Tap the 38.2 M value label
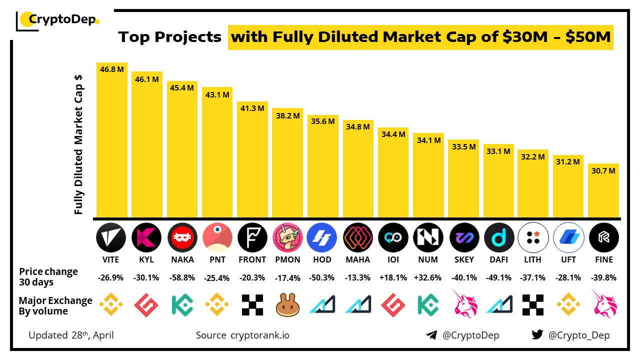[x=288, y=115]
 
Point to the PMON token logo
[x=288, y=237]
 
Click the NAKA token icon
[x=182, y=237]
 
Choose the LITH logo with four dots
[x=533, y=237]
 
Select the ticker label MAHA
[x=358, y=259]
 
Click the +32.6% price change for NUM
[x=428, y=278]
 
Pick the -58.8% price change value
[x=182, y=278]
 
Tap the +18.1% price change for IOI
[x=393, y=278]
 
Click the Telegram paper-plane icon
[x=431, y=335]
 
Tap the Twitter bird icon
[x=537, y=335]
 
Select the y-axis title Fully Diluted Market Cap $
[x=78, y=145]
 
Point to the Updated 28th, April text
[x=71, y=335]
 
